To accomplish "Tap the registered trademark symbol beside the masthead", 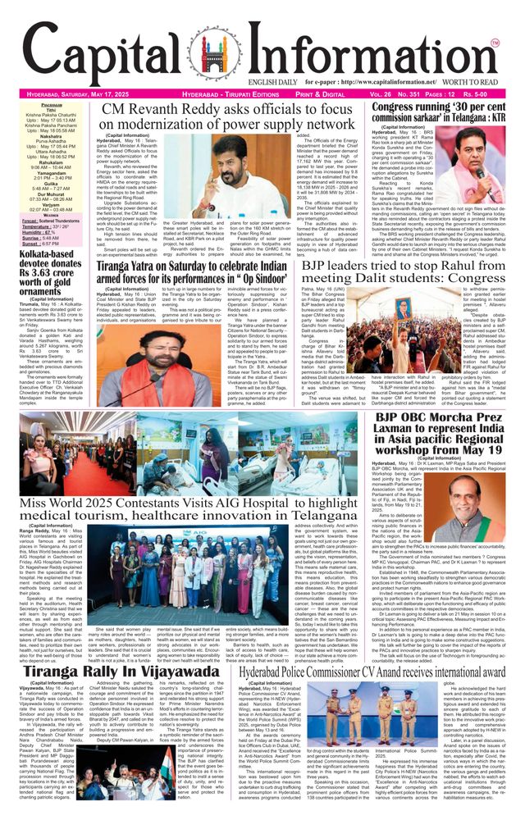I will point(495,42).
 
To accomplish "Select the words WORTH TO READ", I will point(475,81).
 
